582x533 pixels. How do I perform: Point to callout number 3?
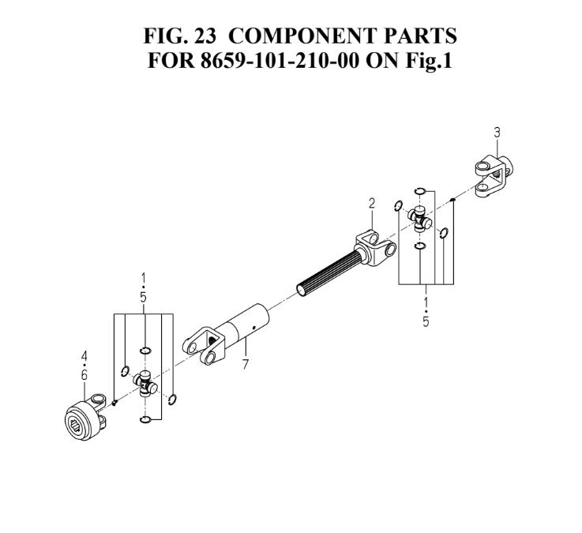coord(497,133)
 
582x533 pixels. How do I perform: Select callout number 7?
coord(245,366)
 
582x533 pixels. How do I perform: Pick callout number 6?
coord(84,375)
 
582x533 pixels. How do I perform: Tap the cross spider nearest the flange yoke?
coord(145,385)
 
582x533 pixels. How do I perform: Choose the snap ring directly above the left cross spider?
coord(145,351)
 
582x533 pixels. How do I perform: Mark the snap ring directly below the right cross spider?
coord(420,246)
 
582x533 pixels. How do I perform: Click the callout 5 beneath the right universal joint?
coord(426,323)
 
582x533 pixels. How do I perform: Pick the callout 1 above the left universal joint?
coord(144,276)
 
